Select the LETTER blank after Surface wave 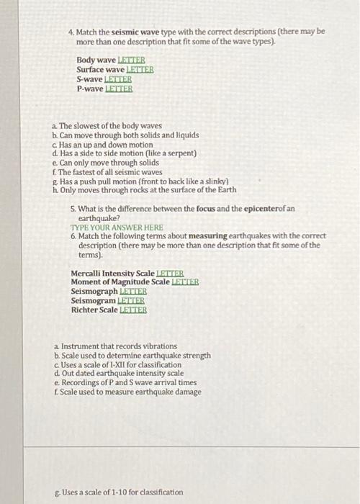point(140,69)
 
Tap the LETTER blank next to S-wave point(118,79)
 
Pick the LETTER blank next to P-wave point(119,89)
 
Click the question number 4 point(71,32)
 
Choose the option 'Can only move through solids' point(109,163)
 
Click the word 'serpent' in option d point(179,153)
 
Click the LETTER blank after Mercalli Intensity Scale point(170,274)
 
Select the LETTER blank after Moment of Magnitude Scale point(184,282)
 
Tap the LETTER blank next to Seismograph point(132,292)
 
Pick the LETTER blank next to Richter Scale point(132,310)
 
